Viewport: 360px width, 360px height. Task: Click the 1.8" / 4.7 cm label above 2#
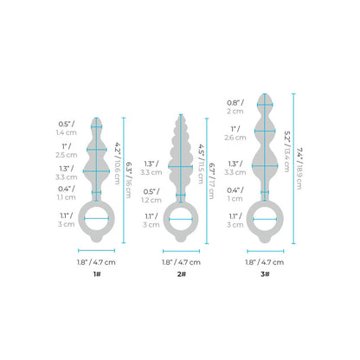(181, 260)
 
